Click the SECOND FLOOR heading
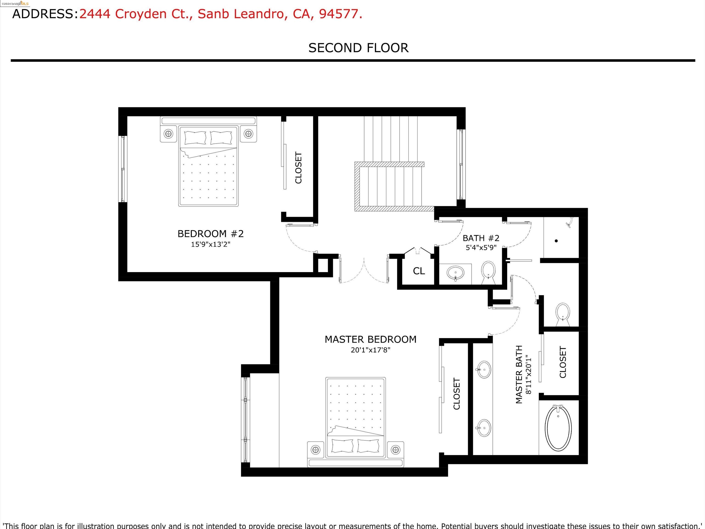click(x=358, y=48)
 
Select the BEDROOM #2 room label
click(x=210, y=234)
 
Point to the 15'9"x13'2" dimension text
click(x=210, y=244)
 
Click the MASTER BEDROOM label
click(x=370, y=339)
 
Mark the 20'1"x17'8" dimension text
click(x=370, y=350)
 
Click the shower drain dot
click(x=556, y=241)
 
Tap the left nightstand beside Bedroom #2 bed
click(x=168, y=134)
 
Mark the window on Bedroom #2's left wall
click(x=123, y=169)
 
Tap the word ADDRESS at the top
click(x=43, y=14)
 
